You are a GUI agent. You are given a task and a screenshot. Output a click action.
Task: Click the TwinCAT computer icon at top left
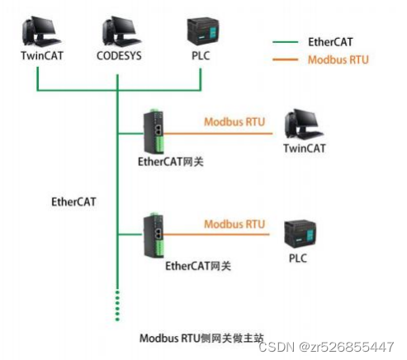pyautogui.click(x=38, y=31)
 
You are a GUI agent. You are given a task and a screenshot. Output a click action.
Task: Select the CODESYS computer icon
pyautogui.click(x=120, y=31)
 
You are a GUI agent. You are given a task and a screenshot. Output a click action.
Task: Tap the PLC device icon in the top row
pyautogui.click(x=201, y=31)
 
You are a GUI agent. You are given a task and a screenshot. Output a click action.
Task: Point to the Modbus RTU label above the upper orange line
pyautogui.click(x=234, y=121)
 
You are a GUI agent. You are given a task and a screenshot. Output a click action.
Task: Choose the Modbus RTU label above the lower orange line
pyautogui.click(x=234, y=224)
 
